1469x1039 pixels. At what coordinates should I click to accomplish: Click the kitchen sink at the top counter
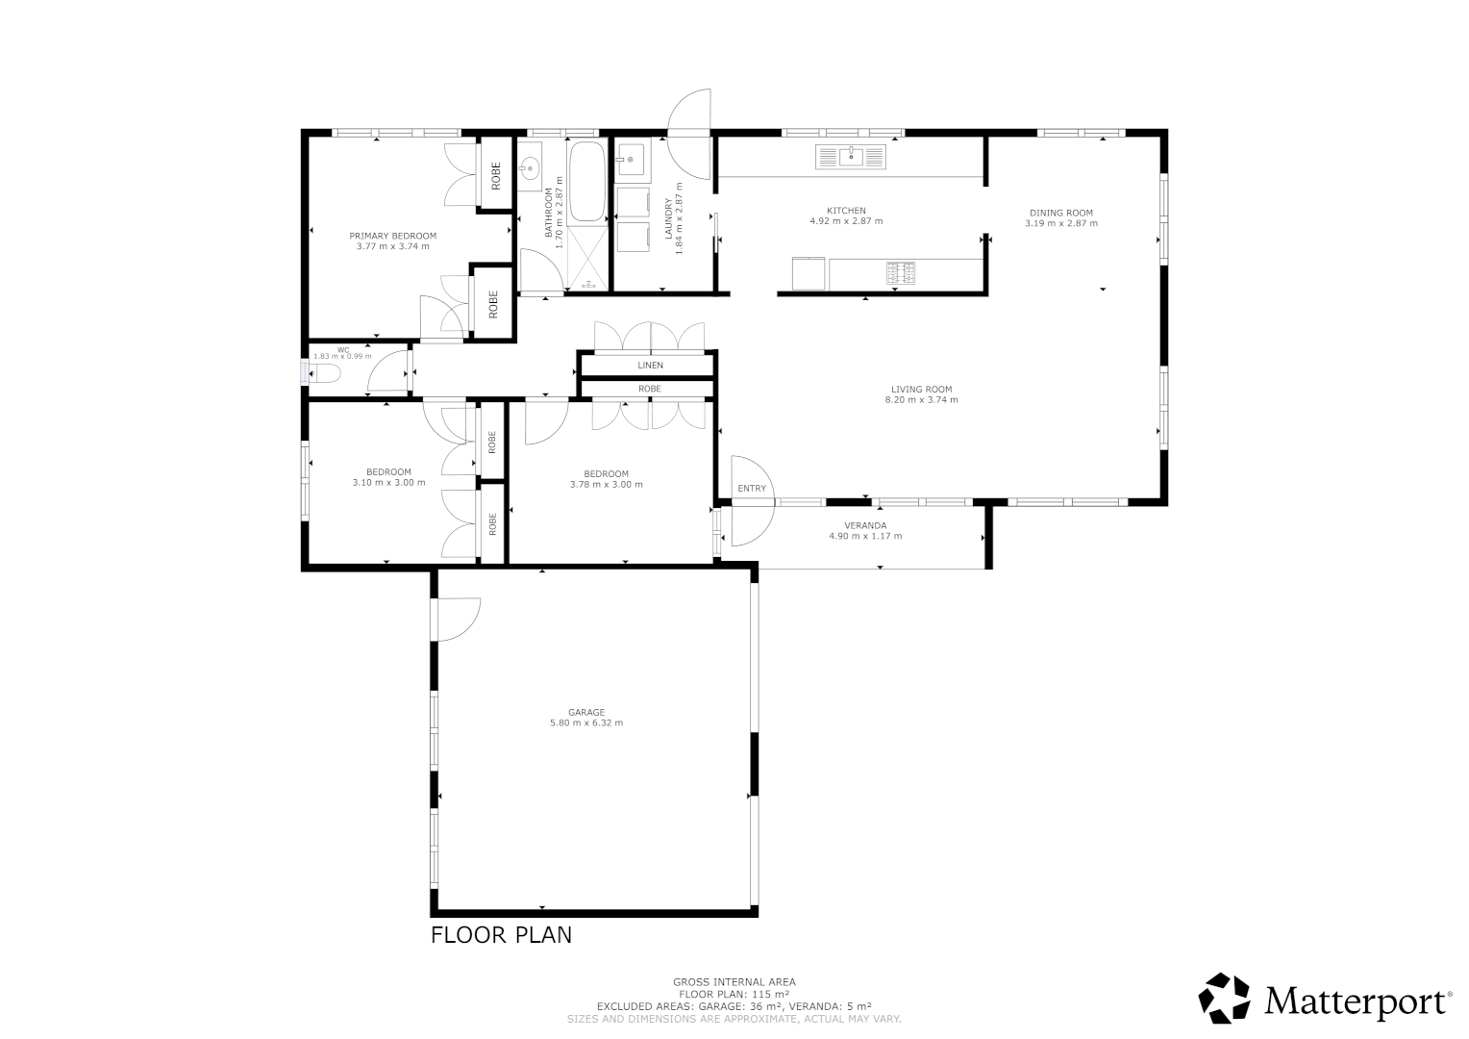pyautogui.click(x=851, y=156)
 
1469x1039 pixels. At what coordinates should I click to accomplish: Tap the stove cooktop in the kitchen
pyautogui.click(x=900, y=273)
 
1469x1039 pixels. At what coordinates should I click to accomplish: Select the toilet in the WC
pyautogui.click(x=324, y=372)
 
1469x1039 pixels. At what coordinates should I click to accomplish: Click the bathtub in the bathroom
pyautogui.click(x=586, y=182)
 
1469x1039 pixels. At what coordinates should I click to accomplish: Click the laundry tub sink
pyautogui.click(x=633, y=161)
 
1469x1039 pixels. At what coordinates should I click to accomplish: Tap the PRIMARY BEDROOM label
pyautogui.click(x=392, y=236)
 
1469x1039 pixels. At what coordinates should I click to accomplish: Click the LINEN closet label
pyautogui.click(x=650, y=366)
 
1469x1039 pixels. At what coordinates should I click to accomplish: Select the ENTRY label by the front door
pyautogui.click(x=752, y=489)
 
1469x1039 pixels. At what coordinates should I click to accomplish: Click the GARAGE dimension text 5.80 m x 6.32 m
pyautogui.click(x=585, y=722)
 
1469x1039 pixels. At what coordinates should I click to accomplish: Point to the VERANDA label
pyautogui.click(x=865, y=525)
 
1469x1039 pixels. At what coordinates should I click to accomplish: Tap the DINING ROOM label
pyautogui.click(x=1060, y=213)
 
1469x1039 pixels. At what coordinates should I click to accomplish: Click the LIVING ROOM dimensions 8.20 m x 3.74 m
pyautogui.click(x=921, y=400)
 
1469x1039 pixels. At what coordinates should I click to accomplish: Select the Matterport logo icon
pyautogui.click(x=1224, y=998)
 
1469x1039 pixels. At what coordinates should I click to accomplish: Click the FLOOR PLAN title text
pyautogui.click(x=501, y=934)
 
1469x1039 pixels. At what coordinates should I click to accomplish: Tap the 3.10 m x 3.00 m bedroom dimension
pyautogui.click(x=388, y=483)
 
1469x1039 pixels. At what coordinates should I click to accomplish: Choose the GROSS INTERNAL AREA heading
pyautogui.click(x=734, y=982)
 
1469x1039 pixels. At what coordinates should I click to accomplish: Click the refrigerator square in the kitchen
pyautogui.click(x=809, y=273)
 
